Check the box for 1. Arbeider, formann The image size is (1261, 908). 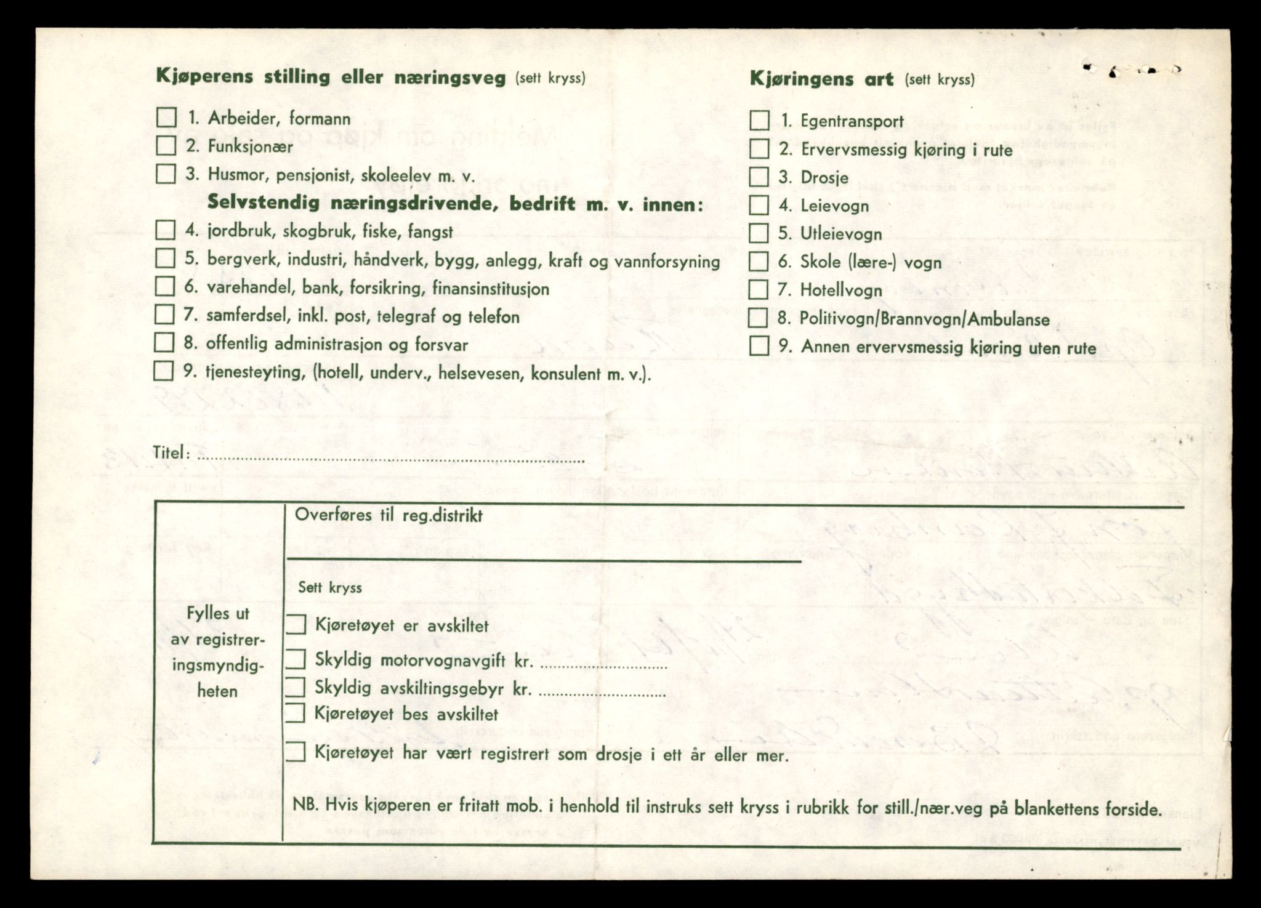(x=166, y=117)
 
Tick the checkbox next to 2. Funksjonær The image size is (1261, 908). (x=166, y=146)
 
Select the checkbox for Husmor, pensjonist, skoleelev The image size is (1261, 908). (x=166, y=174)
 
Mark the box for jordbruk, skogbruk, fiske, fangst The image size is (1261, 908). (x=165, y=230)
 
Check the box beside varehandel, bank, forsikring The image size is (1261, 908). (x=164, y=286)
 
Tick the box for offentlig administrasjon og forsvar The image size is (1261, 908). (x=164, y=342)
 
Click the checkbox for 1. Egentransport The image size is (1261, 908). (x=759, y=120)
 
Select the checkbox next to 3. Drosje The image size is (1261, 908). (x=759, y=177)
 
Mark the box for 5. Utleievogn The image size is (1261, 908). (x=759, y=233)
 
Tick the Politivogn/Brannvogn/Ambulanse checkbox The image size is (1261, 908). (x=758, y=318)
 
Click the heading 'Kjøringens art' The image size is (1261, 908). (x=821, y=79)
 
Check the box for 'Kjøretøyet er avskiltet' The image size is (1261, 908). (x=296, y=625)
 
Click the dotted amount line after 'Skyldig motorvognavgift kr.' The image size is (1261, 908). (x=603, y=667)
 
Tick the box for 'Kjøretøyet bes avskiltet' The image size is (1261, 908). (x=296, y=713)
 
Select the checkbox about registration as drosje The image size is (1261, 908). (x=296, y=752)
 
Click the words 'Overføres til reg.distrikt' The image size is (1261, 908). (x=389, y=515)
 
